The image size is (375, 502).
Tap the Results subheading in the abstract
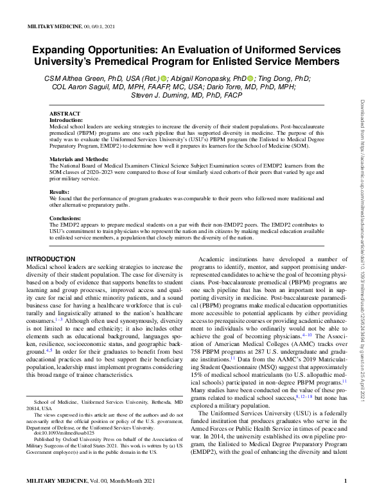point(59,191)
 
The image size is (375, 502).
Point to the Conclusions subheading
point(65,218)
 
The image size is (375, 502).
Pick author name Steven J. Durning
point(162,96)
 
